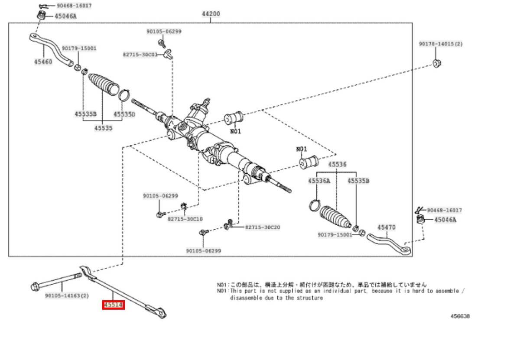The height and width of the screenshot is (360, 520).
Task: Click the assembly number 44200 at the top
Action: click(211, 14)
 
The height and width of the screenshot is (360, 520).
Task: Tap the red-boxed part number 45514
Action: click(114, 305)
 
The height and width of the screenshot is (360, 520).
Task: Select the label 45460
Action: click(43, 62)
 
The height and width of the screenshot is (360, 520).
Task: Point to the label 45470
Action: click(386, 227)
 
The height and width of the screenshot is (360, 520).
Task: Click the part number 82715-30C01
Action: click(140, 55)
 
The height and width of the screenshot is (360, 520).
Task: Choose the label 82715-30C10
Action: click(185, 219)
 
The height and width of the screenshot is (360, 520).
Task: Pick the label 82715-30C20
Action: click(263, 227)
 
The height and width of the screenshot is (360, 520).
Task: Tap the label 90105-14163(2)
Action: click(67, 296)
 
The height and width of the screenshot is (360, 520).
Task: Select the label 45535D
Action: click(124, 114)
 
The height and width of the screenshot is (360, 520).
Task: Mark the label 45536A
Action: click(319, 181)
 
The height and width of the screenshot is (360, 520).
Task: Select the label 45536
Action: click(337, 165)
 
